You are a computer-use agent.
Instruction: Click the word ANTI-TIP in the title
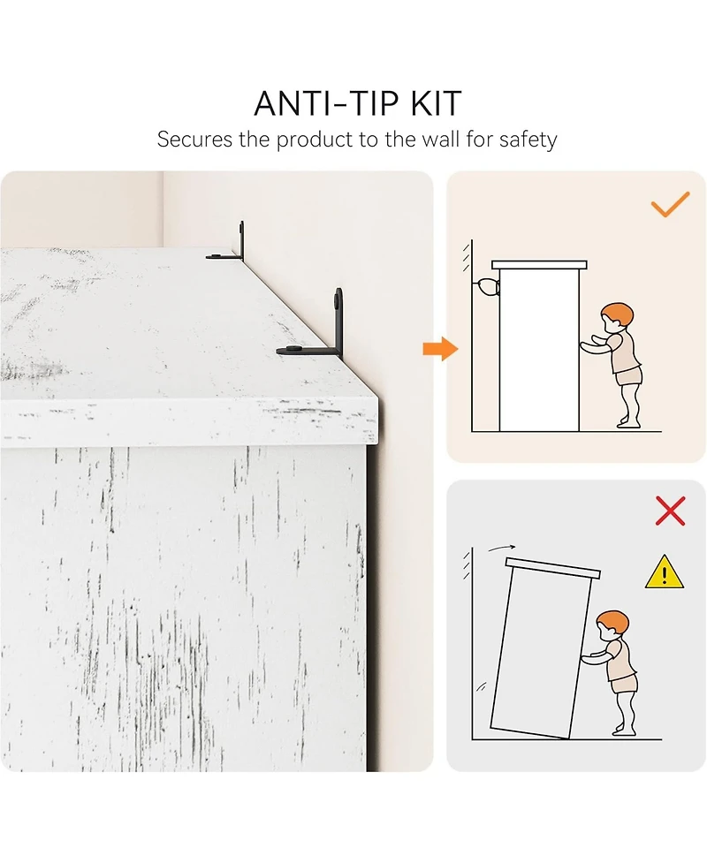point(326,103)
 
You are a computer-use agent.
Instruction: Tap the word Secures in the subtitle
point(194,140)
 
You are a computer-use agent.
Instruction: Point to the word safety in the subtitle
point(528,140)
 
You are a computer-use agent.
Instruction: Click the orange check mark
point(670,204)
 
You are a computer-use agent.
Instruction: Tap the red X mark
point(670,511)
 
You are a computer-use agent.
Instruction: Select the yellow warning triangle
point(665,572)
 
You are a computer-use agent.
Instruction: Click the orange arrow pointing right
point(440,349)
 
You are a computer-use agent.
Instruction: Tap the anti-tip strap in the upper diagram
point(486,287)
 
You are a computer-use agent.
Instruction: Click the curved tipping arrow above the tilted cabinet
point(502,548)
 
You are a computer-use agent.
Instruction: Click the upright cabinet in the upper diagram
point(539,346)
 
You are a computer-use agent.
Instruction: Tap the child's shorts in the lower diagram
point(623,684)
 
